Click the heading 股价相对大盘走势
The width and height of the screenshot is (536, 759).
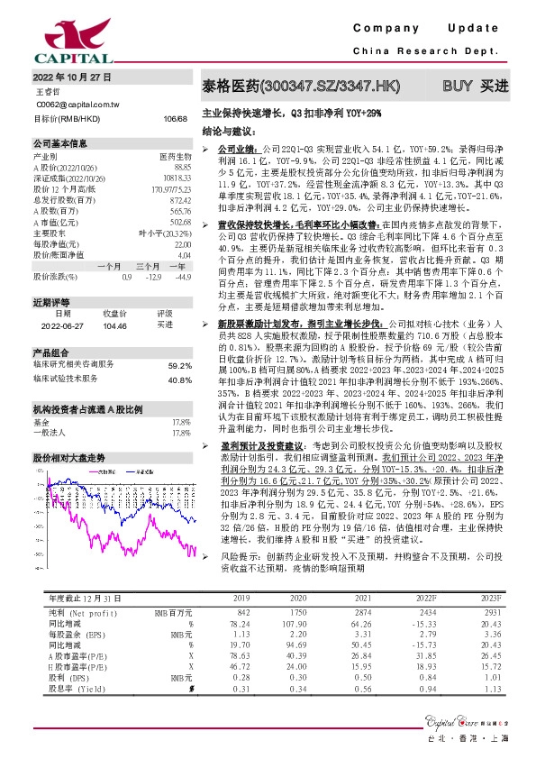[x=69, y=458]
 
